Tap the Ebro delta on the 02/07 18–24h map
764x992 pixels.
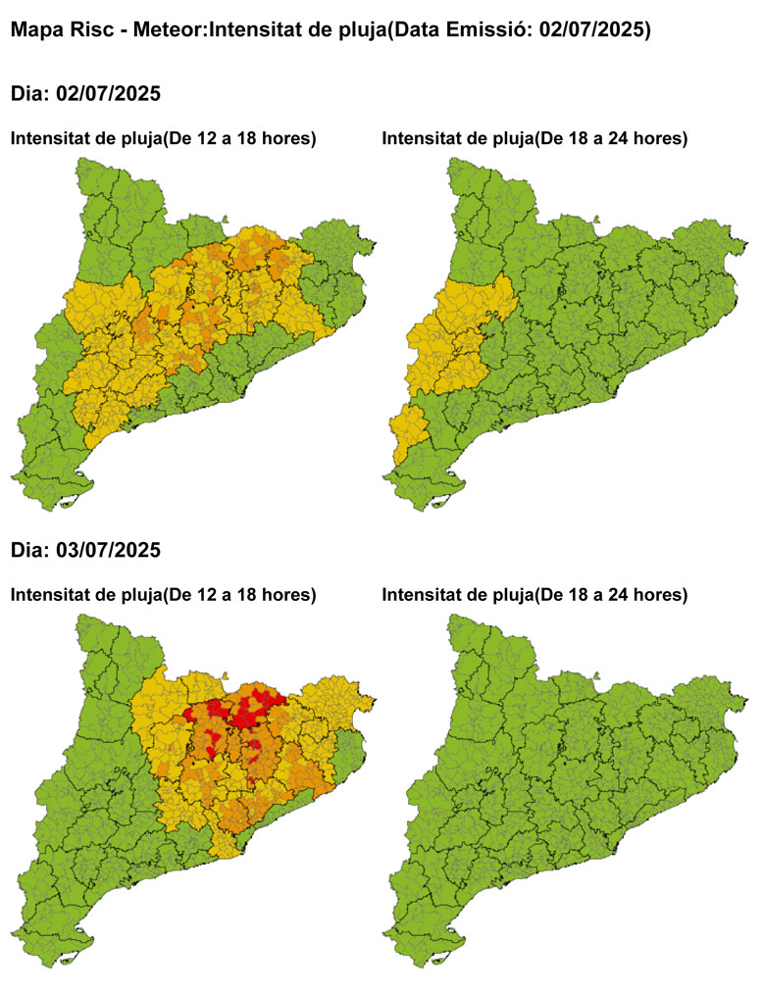(438, 502)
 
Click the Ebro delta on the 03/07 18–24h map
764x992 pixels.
(438, 959)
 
